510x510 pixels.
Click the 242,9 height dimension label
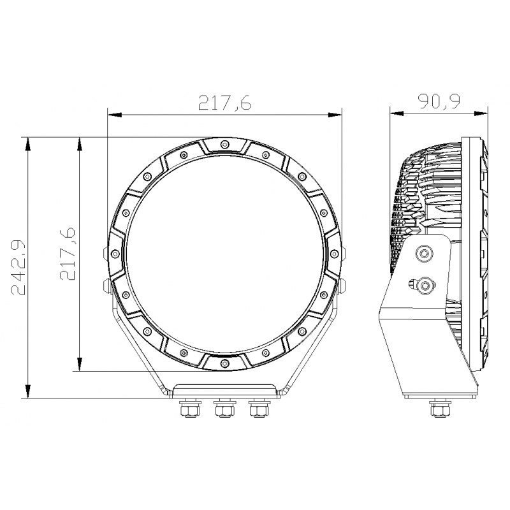pyautogui.click(x=18, y=268)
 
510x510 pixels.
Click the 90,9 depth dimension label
pyautogui.click(x=439, y=101)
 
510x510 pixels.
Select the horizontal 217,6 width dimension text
pyautogui.click(x=225, y=103)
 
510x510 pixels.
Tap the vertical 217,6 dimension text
pyautogui.click(x=68, y=254)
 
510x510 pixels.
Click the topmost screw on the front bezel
pyautogui.click(x=224, y=145)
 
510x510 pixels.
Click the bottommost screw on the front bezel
pyautogui.click(x=224, y=362)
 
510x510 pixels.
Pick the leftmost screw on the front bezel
pyautogui.click(x=115, y=253)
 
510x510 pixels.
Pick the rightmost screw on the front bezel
pyautogui.click(x=333, y=253)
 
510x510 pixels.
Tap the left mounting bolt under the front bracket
pyautogui.click(x=189, y=408)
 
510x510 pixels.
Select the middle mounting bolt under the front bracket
pyautogui.click(x=224, y=408)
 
